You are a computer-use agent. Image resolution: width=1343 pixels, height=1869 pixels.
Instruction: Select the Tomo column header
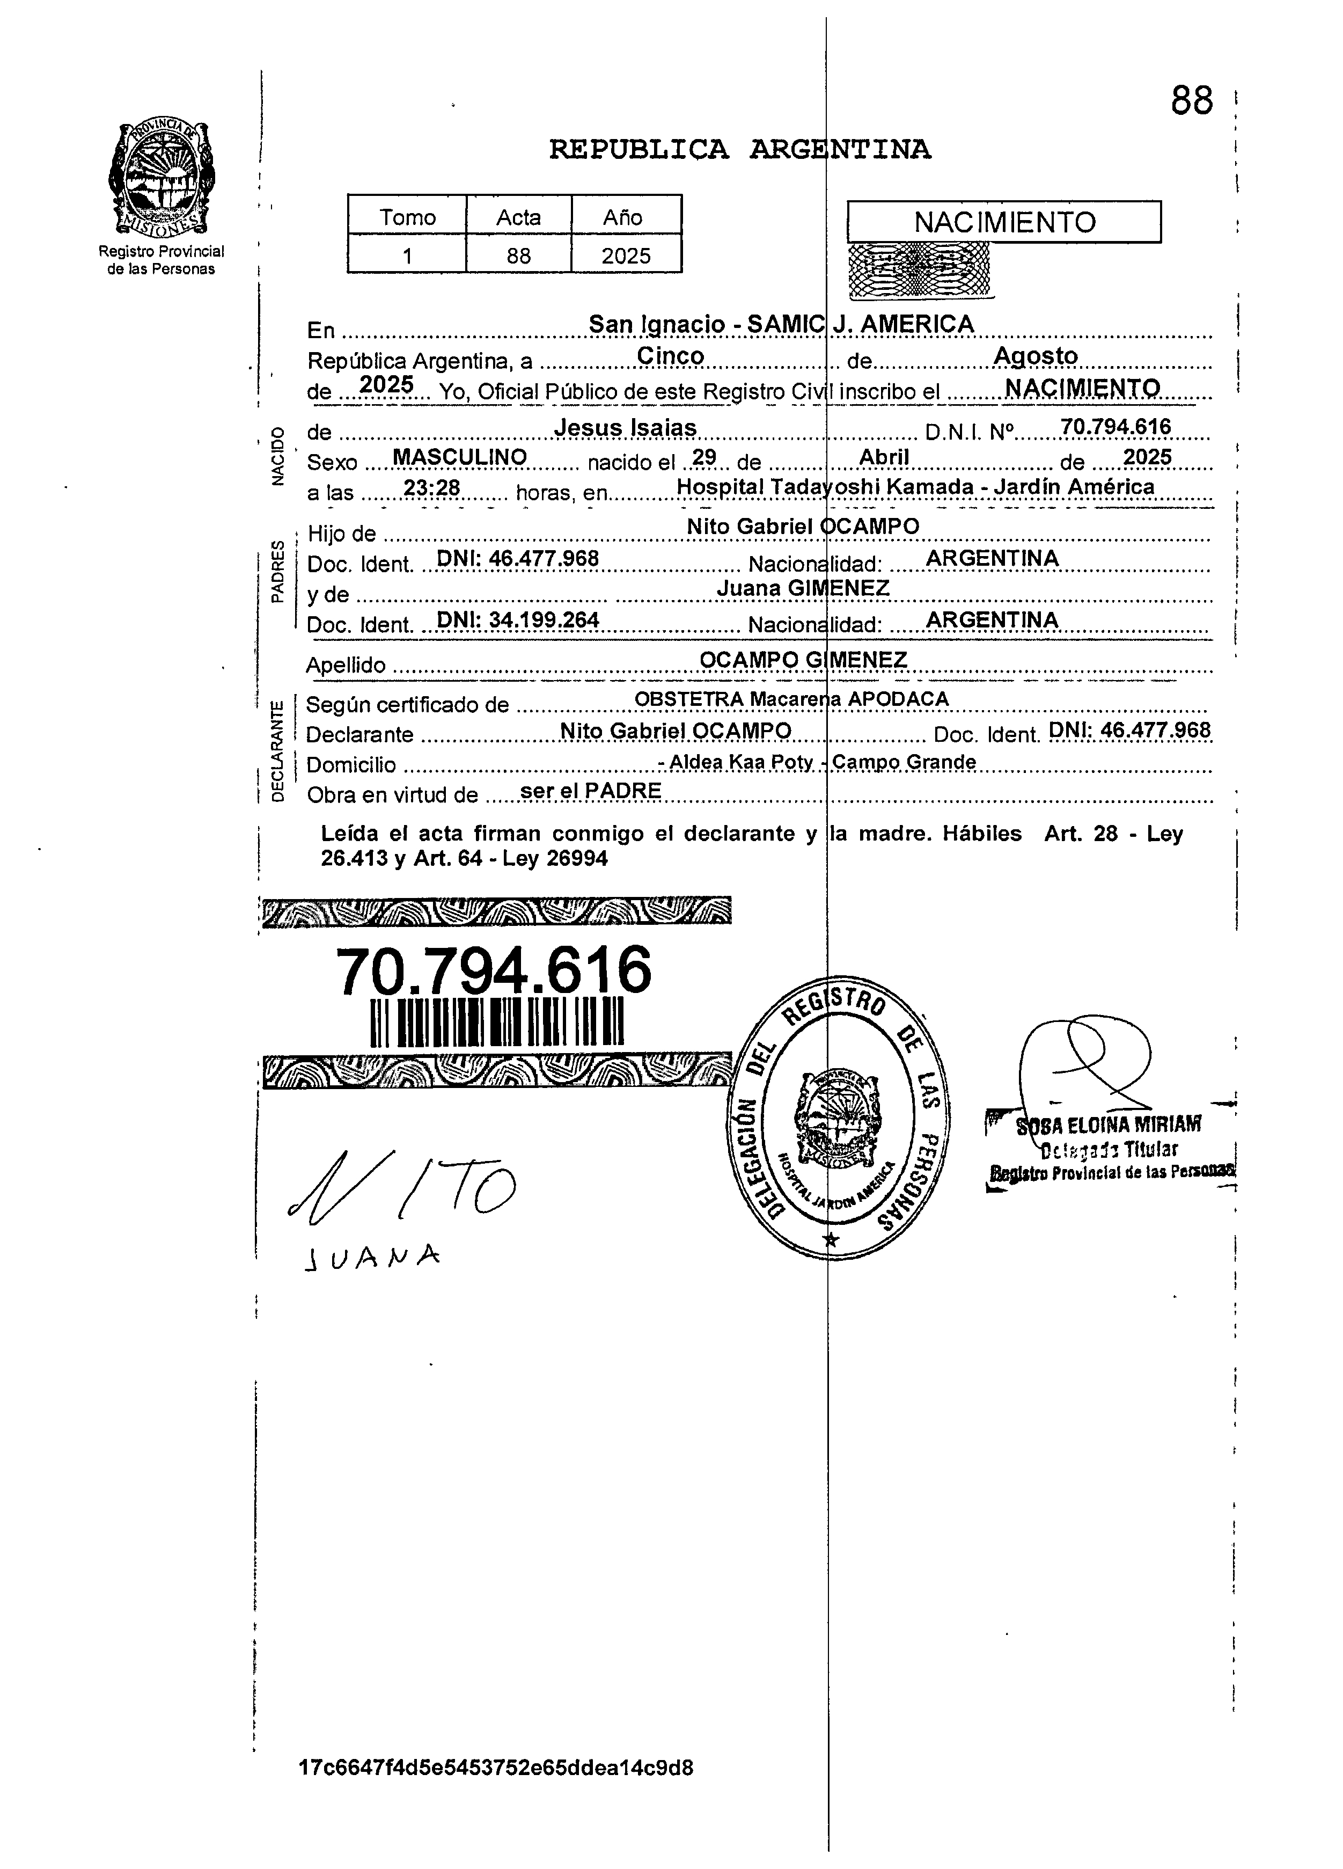[x=407, y=217]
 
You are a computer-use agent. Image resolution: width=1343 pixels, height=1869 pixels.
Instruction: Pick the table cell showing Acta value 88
[x=518, y=255]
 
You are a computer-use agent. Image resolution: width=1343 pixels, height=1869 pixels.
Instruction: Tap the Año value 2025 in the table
[x=626, y=255]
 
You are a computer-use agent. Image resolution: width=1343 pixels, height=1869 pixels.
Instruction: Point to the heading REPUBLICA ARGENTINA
[x=739, y=149]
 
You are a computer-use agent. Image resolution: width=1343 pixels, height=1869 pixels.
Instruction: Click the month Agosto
[x=1036, y=356]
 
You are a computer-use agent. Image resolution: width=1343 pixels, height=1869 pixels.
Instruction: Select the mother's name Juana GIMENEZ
[x=803, y=588]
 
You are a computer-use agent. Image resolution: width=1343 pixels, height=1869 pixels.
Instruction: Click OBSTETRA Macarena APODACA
[x=791, y=699]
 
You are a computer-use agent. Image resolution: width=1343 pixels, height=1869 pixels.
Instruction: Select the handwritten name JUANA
[x=371, y=1256]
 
